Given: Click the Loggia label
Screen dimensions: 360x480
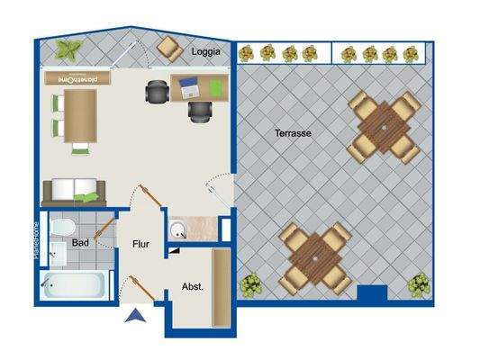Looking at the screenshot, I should pos(206,52).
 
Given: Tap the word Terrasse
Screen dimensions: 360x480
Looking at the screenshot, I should pos(294,133).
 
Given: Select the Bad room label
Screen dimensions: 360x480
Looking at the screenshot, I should pos(80,243).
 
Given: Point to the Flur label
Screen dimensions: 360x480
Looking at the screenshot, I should pos(141,243).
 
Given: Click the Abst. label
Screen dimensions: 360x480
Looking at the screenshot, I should pos(192,286).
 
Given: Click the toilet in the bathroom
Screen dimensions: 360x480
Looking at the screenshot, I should pos(61,227).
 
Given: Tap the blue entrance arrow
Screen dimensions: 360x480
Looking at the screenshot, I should pos(135,315).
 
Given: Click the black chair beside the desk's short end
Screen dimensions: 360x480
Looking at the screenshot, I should pos(157,90).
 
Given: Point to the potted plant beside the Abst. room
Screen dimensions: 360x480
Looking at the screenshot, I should pos(249,286).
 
